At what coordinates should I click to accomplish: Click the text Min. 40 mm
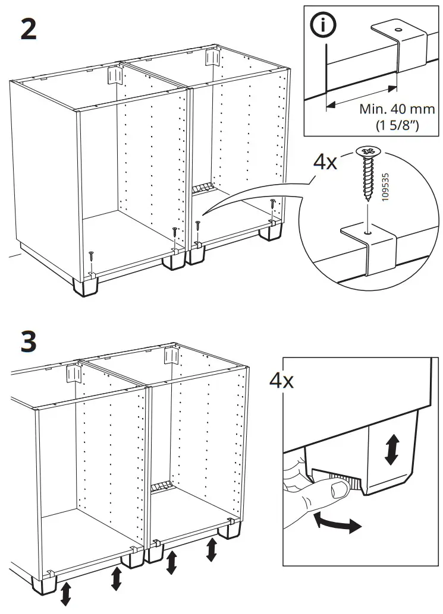(x=397, y=110)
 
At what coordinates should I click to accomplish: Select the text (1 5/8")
(x=397, y=126)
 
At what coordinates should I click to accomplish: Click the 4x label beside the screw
(x=325, y=162)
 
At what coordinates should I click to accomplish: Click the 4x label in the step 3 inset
(x=281, y=379)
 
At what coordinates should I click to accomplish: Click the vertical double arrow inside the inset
(x=391, y=450)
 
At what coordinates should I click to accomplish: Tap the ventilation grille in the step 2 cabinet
(x=203, y=188)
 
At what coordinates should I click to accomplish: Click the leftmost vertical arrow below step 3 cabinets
(x=65, y=593)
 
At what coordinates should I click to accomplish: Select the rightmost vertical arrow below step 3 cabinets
(x=212, y=549)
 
